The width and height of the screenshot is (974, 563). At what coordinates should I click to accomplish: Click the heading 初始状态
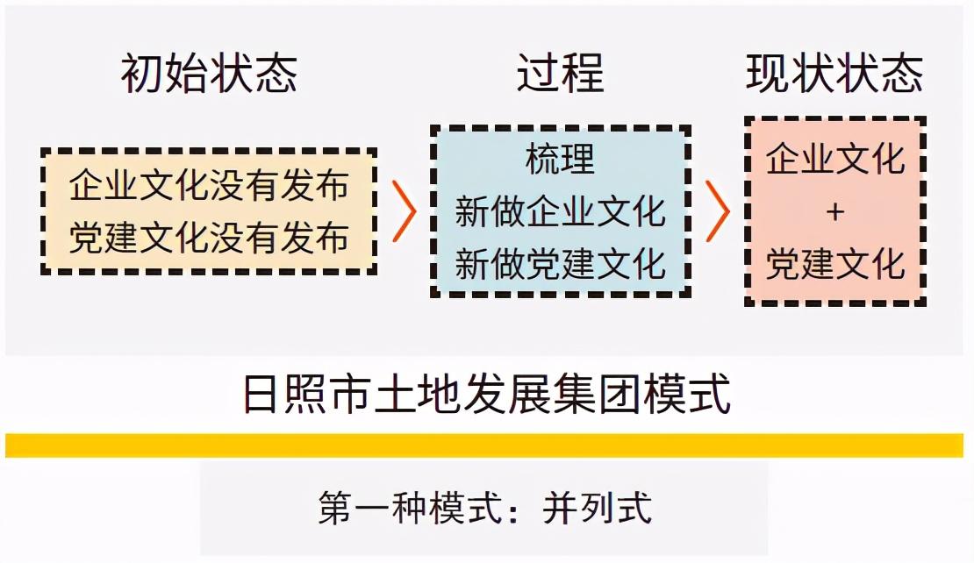[x=209, y=74]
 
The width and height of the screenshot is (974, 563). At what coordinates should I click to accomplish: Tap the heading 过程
[x=560, y=74]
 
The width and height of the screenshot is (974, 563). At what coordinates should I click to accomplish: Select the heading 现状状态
[x=834, y=74]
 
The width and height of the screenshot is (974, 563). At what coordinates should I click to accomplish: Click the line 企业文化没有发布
[x=209, y=186]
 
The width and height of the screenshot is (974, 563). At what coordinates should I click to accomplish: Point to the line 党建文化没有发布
[x=209, y=238]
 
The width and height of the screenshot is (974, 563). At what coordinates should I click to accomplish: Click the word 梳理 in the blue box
[x=560, y=160]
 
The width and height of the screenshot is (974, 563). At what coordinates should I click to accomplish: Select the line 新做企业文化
[x=560, y=212]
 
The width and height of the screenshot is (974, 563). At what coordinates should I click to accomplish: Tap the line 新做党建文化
[x=560, y=264]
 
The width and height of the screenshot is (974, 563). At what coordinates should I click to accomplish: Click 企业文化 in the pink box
[x=834, y=160]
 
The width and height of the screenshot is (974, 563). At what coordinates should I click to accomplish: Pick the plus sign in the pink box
[x=835, y=212]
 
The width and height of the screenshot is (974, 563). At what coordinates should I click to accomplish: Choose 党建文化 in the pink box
[x=834, y=264]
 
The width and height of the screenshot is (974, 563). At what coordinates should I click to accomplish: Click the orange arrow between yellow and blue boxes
[x=404, y=211]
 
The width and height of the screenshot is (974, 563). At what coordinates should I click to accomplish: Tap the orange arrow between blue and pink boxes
[x=718, y=211]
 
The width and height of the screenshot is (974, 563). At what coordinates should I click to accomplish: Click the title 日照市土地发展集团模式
[x=486, y=396]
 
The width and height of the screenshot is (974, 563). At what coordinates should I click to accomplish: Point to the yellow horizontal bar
[x=486, y=445]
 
